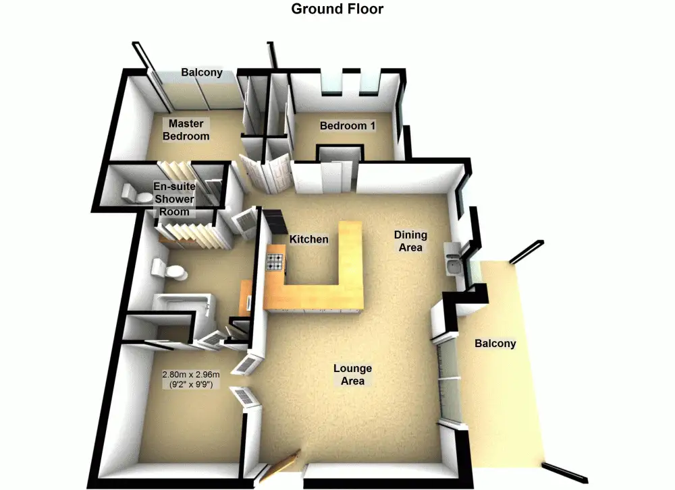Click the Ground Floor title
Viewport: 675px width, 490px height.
337,9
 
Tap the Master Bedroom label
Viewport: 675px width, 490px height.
187,129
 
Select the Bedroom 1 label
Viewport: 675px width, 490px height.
348,125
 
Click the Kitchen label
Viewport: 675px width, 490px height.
309,239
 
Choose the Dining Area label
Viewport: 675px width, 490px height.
410,241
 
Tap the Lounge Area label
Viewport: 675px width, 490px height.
352,375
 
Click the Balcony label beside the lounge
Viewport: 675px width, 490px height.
495,343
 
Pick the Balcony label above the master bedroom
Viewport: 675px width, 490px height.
202,72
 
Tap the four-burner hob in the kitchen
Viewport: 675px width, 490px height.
276,262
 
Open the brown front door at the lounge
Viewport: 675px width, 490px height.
279,466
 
